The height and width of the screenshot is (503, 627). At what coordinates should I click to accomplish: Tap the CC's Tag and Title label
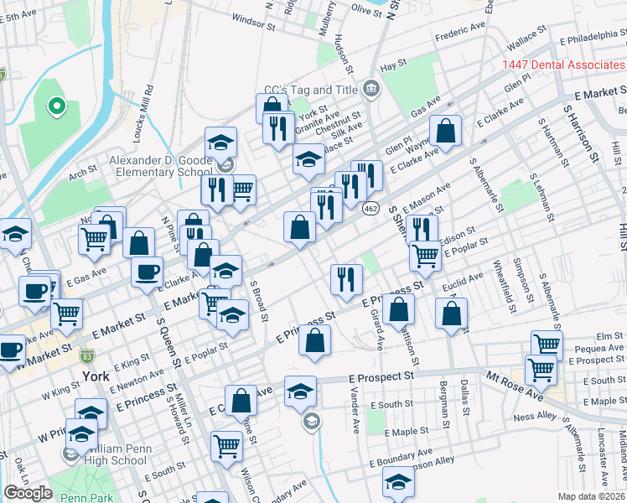click(x=312, y=89)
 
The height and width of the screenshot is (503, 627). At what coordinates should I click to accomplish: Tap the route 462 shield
click(x=370, y=207)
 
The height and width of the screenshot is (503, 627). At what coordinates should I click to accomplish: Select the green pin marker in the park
click(x=57, y=106)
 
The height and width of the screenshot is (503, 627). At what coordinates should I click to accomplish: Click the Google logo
click(x=28, y=493)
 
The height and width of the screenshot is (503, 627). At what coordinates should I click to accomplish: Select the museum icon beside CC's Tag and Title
click(x=370, y=89)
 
